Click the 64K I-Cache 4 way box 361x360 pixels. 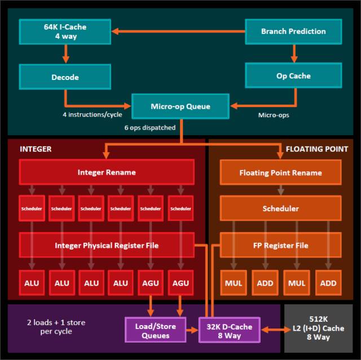click(x=65, y=32)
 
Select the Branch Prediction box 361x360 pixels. click(x=293, y=32)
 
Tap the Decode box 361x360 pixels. click(x=65, y=77)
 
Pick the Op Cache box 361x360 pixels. click(x=293, y=75)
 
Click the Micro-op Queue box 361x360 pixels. click(x=180, y=106)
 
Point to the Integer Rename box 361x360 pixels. click(x=107, y=172)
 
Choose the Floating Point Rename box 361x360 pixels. click(x=280, y=173)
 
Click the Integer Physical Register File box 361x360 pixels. click(x=107, y=246)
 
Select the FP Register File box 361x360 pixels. click(x=280, y=246)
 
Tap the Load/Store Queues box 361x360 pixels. click(x=155, y=330)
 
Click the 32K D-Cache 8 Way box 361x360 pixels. click(x=228, y=330)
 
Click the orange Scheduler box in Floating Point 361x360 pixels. click(x=280, y=208)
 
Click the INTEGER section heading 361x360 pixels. click(x=36, y=149)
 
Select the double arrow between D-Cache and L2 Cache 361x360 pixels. click(x=270, y=330)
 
